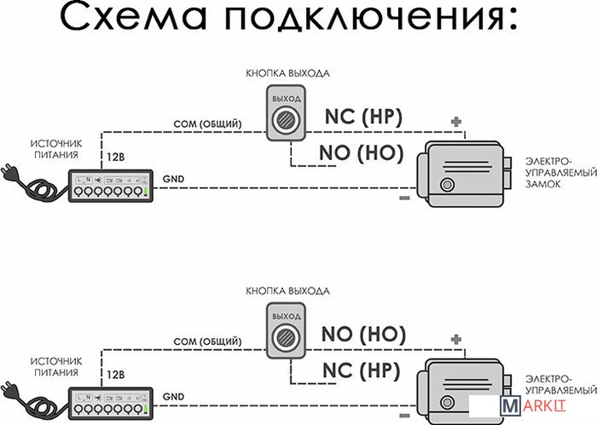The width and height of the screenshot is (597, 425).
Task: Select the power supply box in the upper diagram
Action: pyautogui.click(x=112, y=185)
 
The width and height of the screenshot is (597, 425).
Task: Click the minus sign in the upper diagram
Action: pyautogui.click(x=404, y=199)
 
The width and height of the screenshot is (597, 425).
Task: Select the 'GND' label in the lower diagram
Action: pyautogui.click(x=172, y=396)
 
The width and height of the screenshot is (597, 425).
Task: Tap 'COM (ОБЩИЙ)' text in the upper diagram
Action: pyautogui.click(x=207, y=125)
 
